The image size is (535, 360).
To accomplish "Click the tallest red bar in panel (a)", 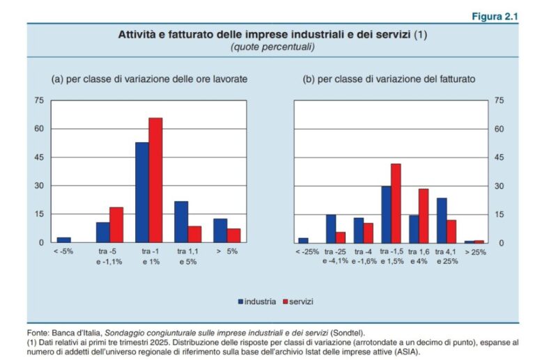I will (x=155, y=180).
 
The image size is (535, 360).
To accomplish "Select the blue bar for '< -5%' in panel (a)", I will (x=64, y=240).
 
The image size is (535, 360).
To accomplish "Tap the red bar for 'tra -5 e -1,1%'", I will (x=116, y=225).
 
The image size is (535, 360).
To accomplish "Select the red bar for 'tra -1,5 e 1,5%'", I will (x=396, y=203).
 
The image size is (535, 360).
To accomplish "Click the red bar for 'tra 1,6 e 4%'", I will (x=423, y=215).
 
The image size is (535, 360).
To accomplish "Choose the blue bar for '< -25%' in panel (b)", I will (x=303, y=240).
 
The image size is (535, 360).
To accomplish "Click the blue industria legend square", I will (x=240, y=302).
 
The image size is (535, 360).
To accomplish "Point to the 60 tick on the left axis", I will (x=39, y=129).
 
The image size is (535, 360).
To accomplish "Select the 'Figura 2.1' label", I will (x=495, y=17).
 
